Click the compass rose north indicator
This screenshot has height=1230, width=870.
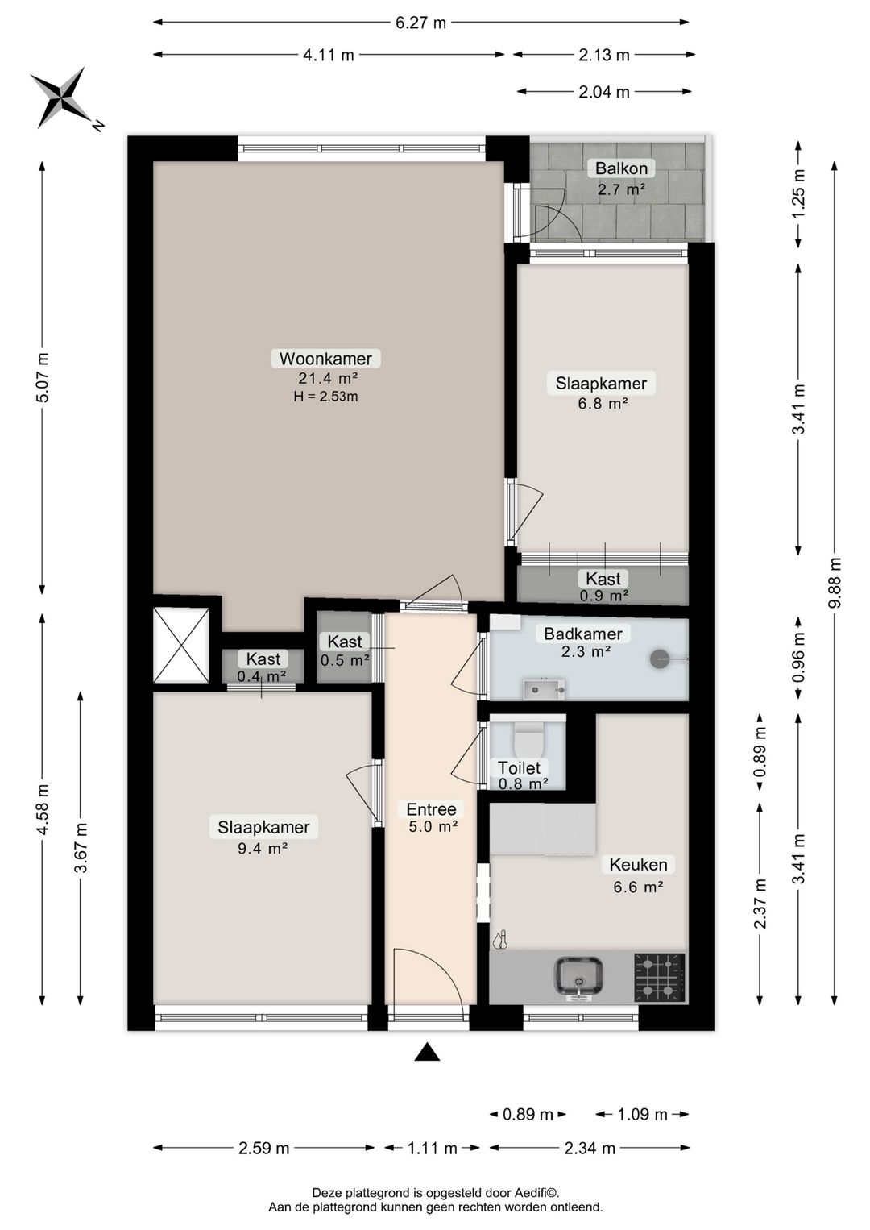[61, 99]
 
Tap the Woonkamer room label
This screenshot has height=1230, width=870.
[325, 359]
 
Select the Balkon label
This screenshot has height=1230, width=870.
[621, 168]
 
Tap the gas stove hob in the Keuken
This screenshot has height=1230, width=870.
[659, 977]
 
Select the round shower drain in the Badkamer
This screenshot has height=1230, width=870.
[660, 659]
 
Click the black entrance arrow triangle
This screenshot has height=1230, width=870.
[427, 1052]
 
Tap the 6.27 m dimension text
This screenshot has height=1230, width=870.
[421, 23]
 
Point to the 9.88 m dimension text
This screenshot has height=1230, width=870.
[835, 582]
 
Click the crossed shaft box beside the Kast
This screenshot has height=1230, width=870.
[181, 645]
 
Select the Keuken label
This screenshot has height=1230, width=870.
[638, 864]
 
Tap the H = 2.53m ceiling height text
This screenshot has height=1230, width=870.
[325, 396]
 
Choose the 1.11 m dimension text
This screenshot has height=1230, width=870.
[433, 1148]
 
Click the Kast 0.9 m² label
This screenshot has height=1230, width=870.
[603, 586]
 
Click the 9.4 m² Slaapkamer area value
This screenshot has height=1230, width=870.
[263, 849]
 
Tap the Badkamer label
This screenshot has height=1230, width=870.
[583, 634]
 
